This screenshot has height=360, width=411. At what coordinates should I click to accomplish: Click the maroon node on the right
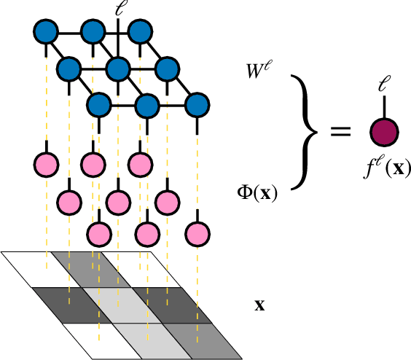(x=384, y=132)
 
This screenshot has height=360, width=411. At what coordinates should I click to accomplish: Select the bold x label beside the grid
(x=259, y=304)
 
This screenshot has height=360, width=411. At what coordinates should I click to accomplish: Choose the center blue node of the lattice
(x=117, y=70)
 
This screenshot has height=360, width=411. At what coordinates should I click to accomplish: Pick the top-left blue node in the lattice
(x=45, y=32)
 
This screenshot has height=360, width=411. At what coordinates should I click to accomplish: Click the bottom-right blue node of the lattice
(x=197, y=106)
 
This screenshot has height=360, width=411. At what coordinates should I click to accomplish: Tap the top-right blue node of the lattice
(x=140, y=32)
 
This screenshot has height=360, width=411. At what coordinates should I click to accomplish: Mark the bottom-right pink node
(x=197, y=234)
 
